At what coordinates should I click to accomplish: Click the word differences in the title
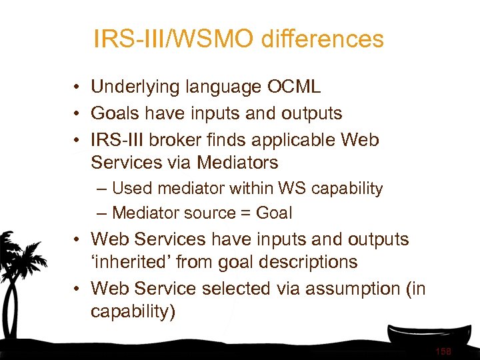click(x=323, y=39)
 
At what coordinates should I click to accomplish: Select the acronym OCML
click(x=294, y=87)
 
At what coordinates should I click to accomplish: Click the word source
click(x=209, y=213)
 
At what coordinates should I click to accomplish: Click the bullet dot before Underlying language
click(x=79, y=87)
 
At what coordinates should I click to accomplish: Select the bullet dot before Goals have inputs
click(x=79, y=114)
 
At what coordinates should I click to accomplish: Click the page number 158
click(x=442, y=351)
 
